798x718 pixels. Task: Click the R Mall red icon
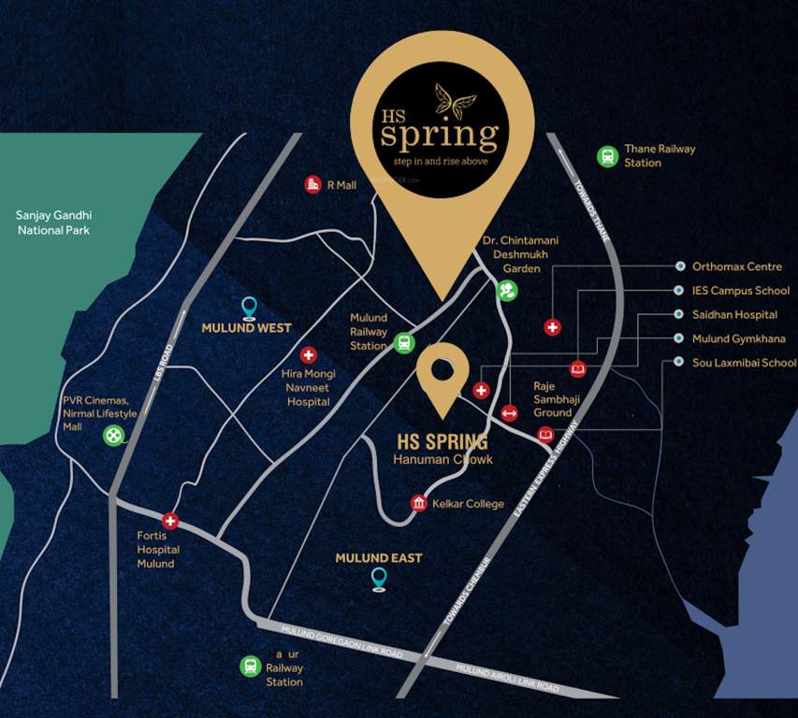(313, 185)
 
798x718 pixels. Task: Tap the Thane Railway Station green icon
(608, 156)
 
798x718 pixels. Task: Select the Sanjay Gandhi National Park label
(52, 223)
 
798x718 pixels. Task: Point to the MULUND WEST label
(247, 328)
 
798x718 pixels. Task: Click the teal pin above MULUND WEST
(249, 307)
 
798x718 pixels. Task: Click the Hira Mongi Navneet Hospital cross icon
(308, 356)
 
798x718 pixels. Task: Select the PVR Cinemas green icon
(113, 435)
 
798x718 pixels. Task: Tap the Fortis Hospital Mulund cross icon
(169, 522)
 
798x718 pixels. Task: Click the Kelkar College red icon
(419, 504)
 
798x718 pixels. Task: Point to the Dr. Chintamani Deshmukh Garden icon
(506, 291)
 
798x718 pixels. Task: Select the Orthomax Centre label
(737, 266)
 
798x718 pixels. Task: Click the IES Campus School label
(741, 291)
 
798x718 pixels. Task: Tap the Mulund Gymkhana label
(739, 338)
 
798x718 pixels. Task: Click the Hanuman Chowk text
(443, 460)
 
